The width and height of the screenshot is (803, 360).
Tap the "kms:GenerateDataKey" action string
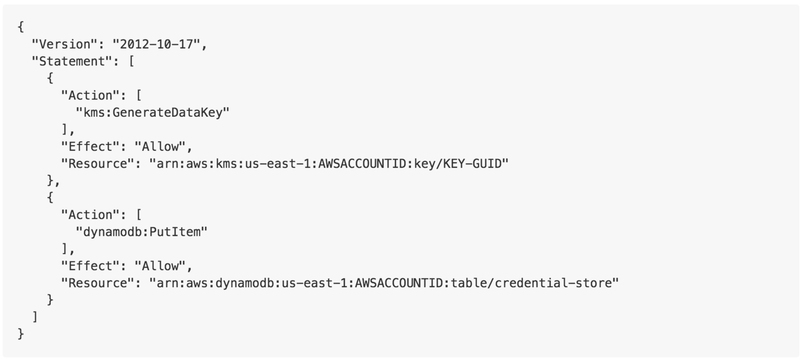click(x=152, y=112)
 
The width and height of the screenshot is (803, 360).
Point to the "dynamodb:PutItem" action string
click(x=141, y=232)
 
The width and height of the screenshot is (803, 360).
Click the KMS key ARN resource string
click(x=329, y=164)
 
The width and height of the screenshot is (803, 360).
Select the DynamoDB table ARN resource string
click(x=384, y=283)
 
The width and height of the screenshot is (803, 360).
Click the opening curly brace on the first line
click(x=21, y=27)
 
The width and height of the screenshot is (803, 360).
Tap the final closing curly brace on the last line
click(x=21, y=334)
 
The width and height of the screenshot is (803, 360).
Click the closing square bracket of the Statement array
click(x=35, y=317)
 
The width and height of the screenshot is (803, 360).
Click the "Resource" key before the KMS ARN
click(x=97, y=164)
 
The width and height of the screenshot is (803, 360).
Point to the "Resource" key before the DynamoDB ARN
click(x=97, y=283)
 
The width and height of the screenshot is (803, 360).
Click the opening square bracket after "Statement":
click(x=131, y=61)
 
